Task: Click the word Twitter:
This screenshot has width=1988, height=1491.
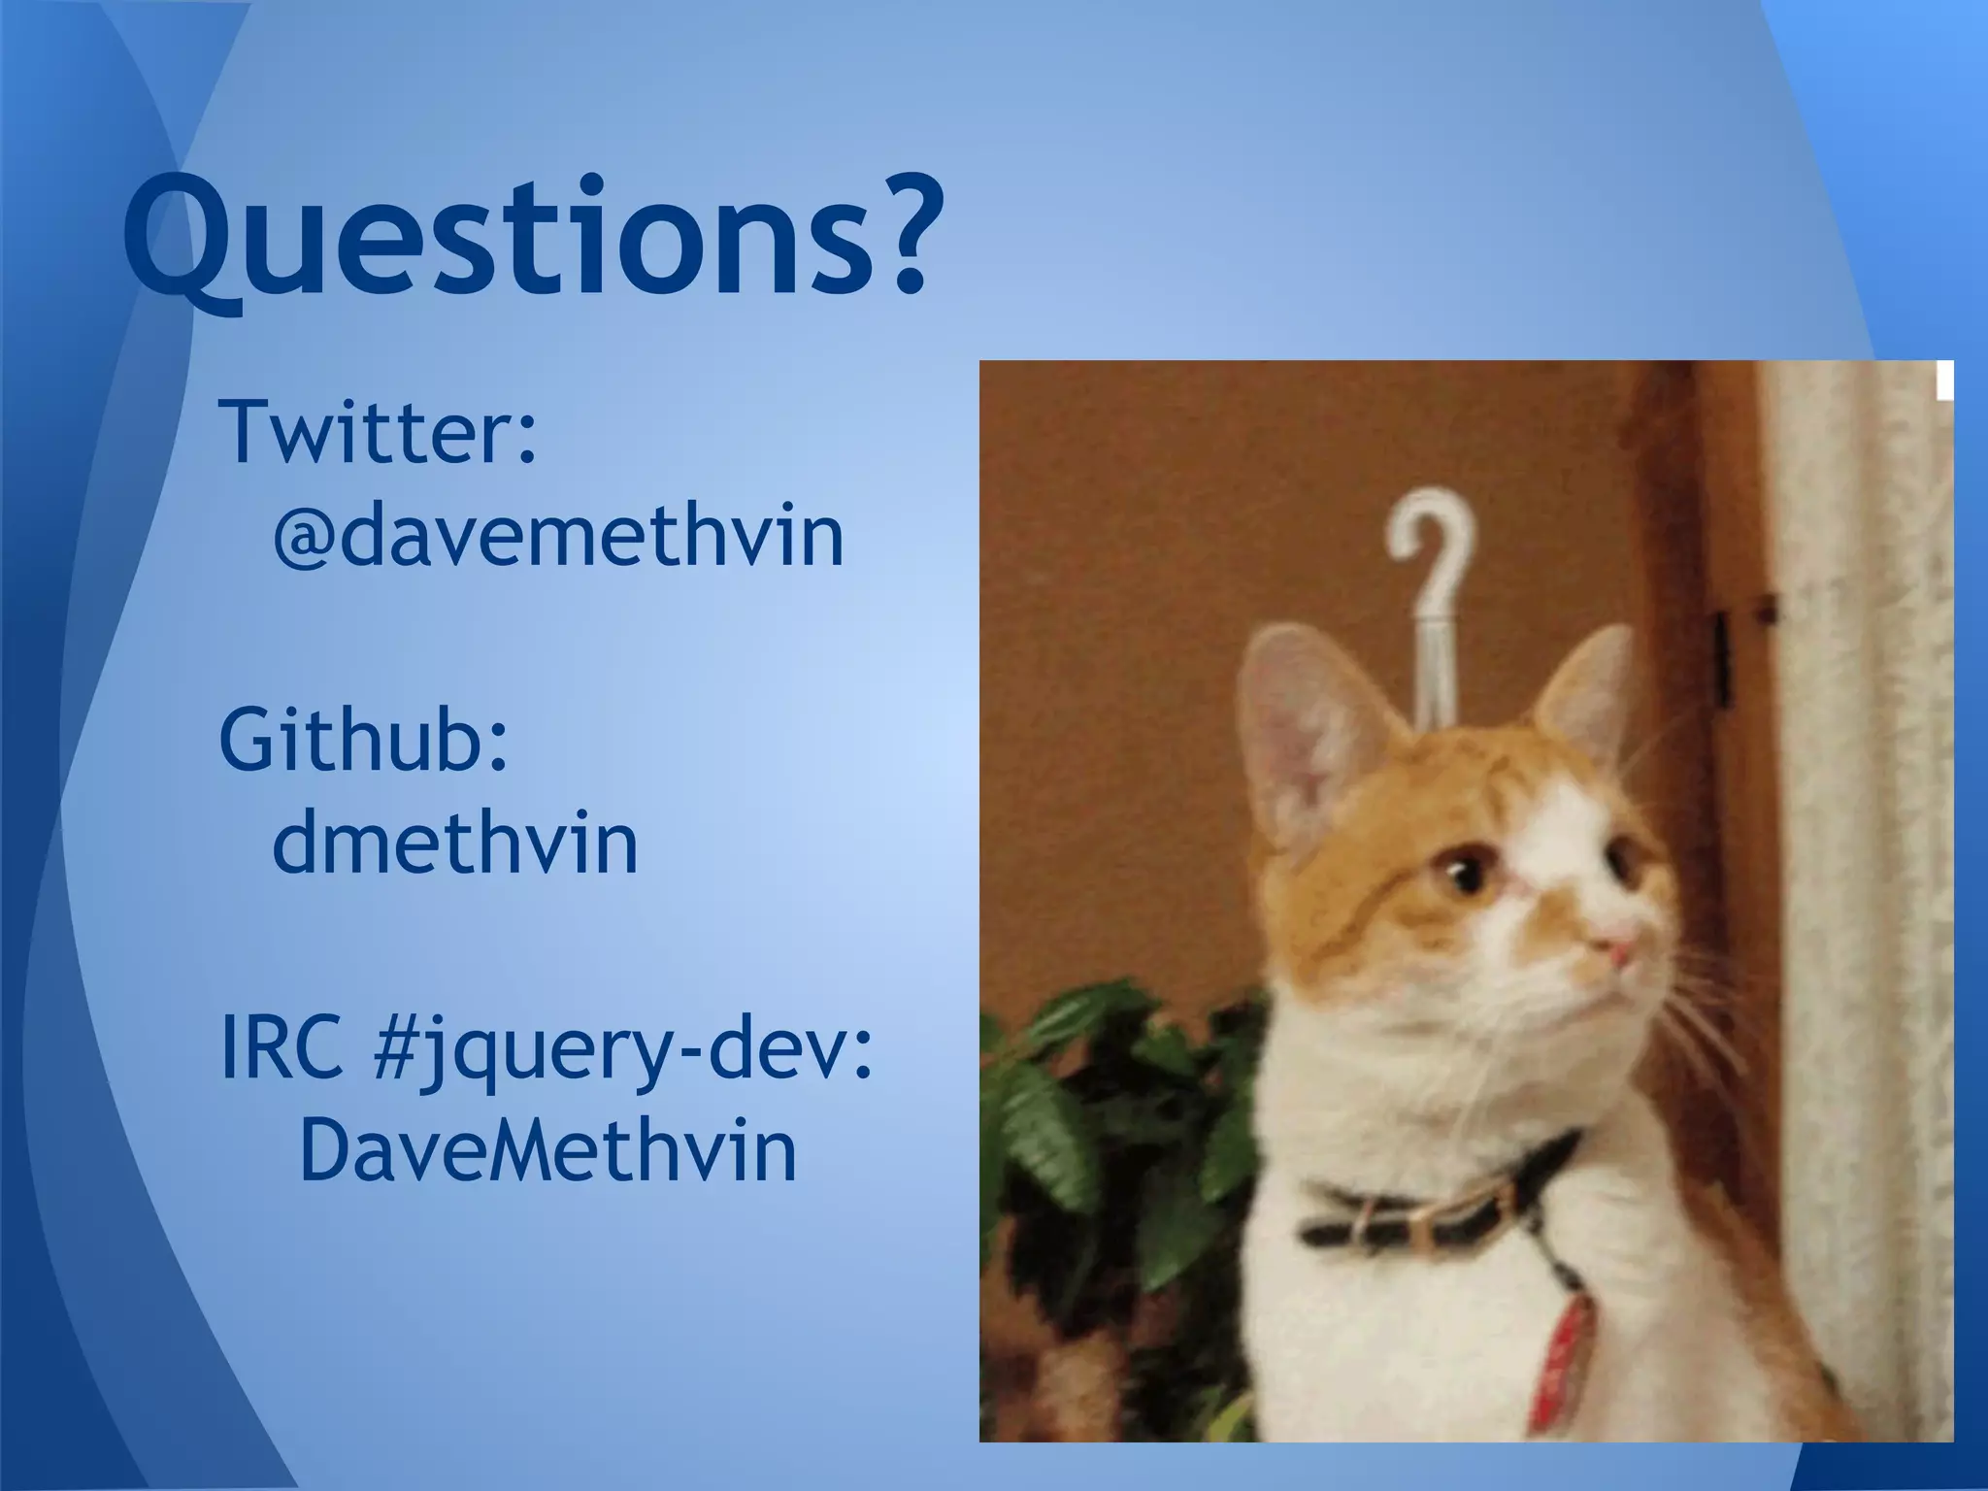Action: click(x=379, y=432)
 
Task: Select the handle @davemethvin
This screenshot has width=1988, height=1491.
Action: click(x=558, y=536)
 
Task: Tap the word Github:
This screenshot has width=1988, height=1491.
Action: click(x=364, y=740)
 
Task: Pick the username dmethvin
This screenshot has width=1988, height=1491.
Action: click(x=454, y=843)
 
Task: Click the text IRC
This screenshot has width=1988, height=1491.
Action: click(x=282, y=1048)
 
